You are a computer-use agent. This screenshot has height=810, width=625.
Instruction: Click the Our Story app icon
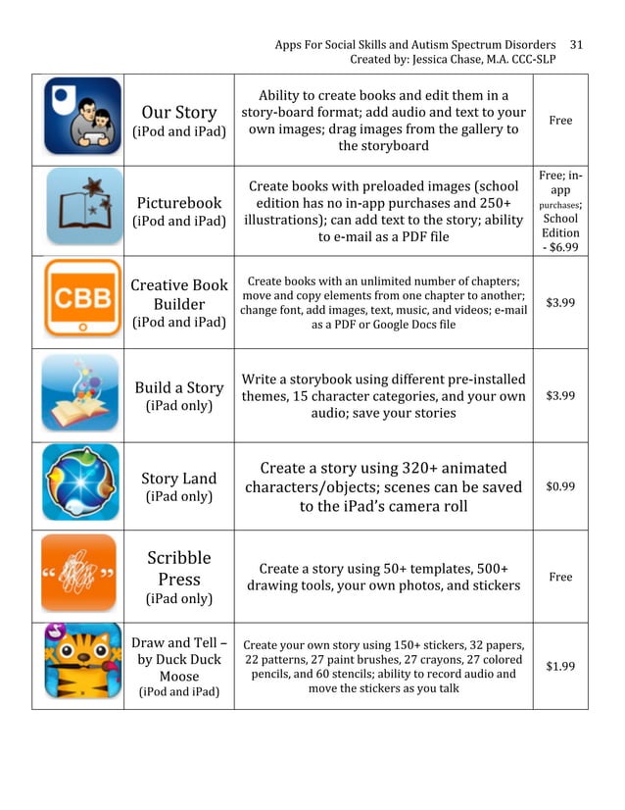point(82,116)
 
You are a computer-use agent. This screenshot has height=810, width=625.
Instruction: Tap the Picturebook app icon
point(82,208)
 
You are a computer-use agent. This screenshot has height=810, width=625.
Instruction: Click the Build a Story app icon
point(82,394)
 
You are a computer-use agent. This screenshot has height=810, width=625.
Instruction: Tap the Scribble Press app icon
point(82,577)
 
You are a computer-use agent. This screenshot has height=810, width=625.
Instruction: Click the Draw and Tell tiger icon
point(82,666)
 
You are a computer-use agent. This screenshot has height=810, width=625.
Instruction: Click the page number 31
point(576,45)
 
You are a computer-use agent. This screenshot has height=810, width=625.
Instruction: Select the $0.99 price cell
point(560,486)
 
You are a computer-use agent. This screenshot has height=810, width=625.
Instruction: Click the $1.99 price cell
point(560,667)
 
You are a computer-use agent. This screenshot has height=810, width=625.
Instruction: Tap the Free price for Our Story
point(560,121)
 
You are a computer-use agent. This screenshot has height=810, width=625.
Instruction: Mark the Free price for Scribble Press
point(560,577)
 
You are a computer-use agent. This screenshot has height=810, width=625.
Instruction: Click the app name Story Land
point(178,479)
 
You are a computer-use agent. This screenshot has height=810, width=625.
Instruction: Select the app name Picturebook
point(178,202)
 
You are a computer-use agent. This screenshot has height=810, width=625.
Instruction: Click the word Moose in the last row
point(179,677)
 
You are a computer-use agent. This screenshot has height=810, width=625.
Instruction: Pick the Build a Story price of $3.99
point(560,395)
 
